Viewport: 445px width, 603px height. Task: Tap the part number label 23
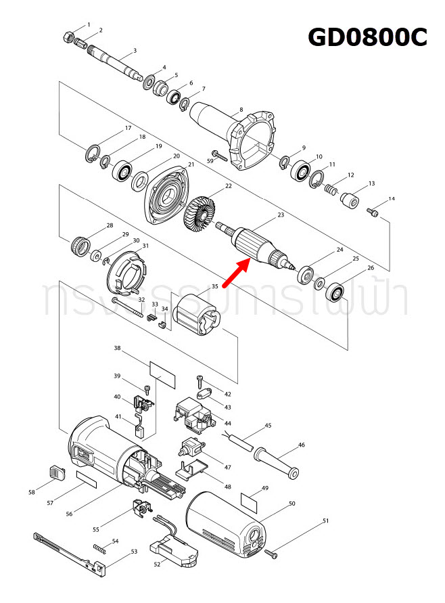click(x=281, y=216)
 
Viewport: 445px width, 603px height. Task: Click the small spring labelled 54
click(x=99, y=547)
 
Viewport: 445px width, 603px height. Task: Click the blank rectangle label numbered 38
click(x=162, y=374)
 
